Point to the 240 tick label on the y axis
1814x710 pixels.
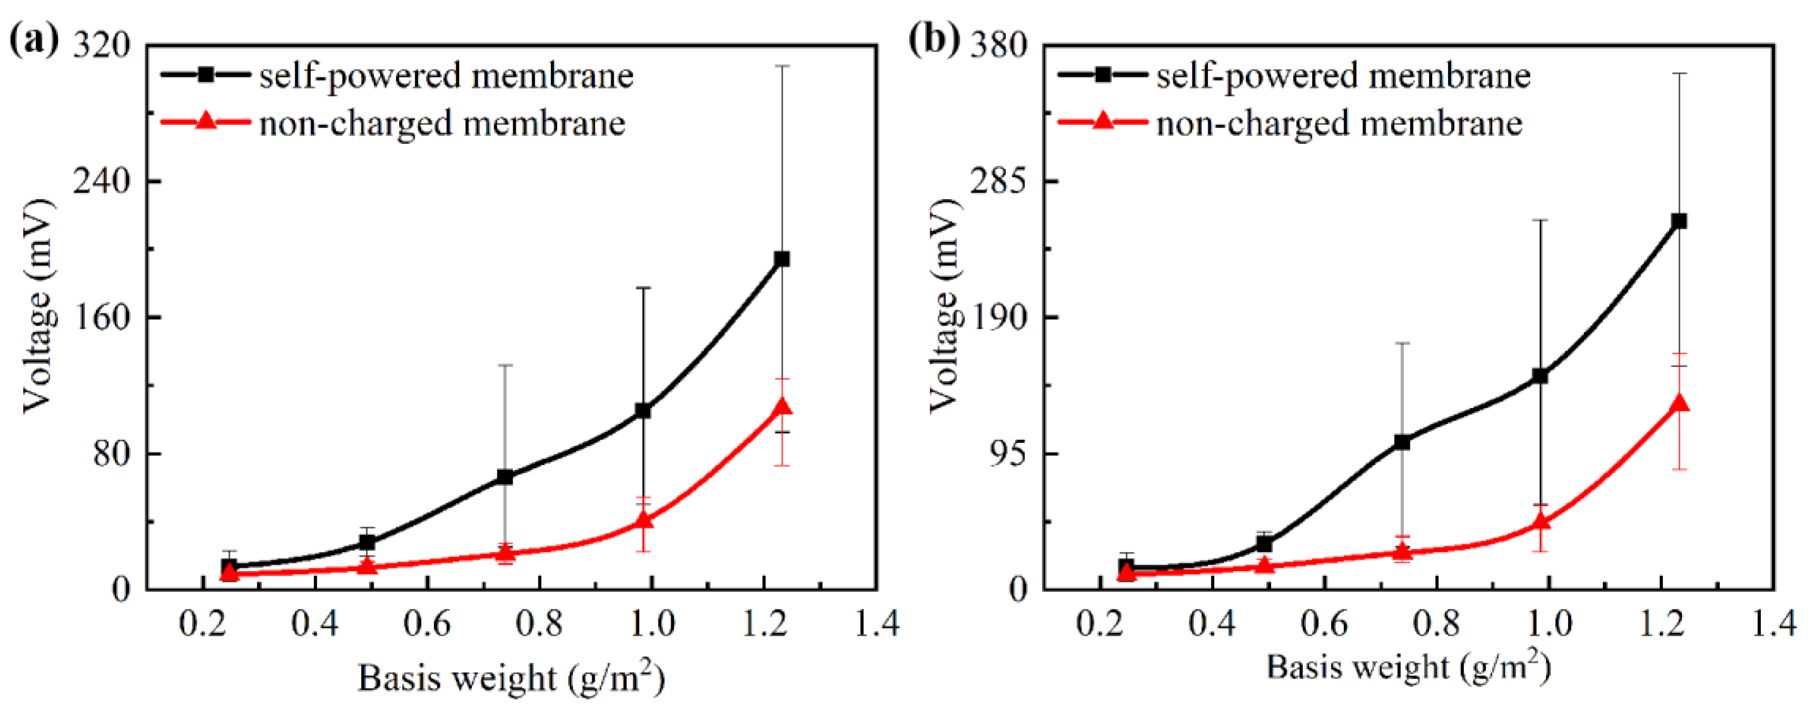(x=102, y=181)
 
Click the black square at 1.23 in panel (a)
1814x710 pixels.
(x=781, y=259)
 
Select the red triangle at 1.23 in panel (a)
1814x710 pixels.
(x=782, y=408)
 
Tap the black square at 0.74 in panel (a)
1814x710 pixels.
(x=505, y=477)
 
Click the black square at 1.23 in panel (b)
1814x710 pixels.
(x=1679, y=221)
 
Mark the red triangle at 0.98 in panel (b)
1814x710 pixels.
(x=1541, y=522)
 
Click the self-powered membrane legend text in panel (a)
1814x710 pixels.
(x=446, y=76)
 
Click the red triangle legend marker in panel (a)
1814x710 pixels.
(x=206, y=121)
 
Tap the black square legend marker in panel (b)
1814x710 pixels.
(x=1103, y=75)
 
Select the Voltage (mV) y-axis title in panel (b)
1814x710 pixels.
(x=944, y=304)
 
